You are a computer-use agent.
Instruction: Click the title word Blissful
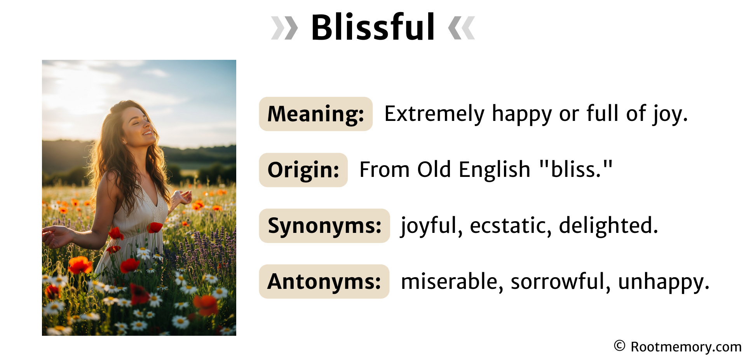373,27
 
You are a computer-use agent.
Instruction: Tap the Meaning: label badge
315,114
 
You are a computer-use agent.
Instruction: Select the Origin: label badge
303,170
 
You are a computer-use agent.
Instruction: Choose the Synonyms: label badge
324,226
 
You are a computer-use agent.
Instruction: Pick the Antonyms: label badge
324,281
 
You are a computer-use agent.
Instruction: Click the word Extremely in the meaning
434,114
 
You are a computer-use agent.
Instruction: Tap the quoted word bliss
576,170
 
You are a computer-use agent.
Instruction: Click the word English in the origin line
494,170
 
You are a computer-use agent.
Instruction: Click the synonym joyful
431,225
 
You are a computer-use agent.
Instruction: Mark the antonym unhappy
663,281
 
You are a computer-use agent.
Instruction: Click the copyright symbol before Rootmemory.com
619,346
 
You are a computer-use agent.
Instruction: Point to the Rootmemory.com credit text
686,346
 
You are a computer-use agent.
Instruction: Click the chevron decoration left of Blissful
284,28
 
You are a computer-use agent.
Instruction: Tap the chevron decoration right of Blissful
461,28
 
